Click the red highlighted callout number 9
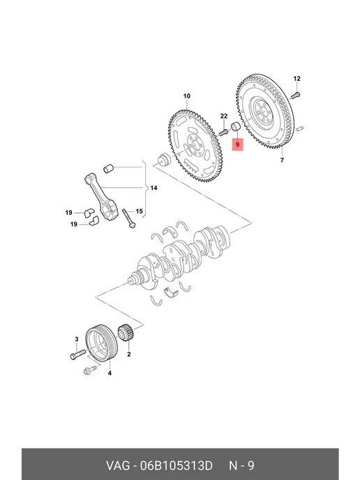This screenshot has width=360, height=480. click(x=237, y=144)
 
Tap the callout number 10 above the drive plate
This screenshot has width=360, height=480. click(x=187, y=96)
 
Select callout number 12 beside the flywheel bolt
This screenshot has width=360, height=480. click(x=297, y=79)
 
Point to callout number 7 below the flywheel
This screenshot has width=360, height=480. click(x=282, y=160)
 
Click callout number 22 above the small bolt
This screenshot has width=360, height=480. click(x=224, y=116)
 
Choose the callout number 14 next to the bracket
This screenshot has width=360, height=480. click(x=153, y=188)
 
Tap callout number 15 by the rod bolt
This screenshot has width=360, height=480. click(x=140, y=211)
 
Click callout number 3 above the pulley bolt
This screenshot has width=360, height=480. click(x=77, y=339)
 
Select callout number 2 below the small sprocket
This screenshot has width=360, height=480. click(x=129, y=354)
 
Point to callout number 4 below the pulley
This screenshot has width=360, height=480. click(x=110, y=373)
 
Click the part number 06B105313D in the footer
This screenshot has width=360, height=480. click(x=177, y=465)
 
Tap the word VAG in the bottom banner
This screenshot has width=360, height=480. click(x=118, y=465)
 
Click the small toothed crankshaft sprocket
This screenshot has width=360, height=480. click(x=124, y=333)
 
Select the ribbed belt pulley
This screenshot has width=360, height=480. click(x=101, y=343)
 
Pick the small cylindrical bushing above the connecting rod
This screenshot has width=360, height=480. click(x=108, y=169)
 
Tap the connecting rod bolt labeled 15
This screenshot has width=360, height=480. click(x=129, y=218)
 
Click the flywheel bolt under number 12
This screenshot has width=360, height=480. click(x=295, y=95)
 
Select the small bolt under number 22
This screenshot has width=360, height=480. click(x=223, y=133)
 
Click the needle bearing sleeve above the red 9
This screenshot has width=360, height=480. click(x=235, y=126)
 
